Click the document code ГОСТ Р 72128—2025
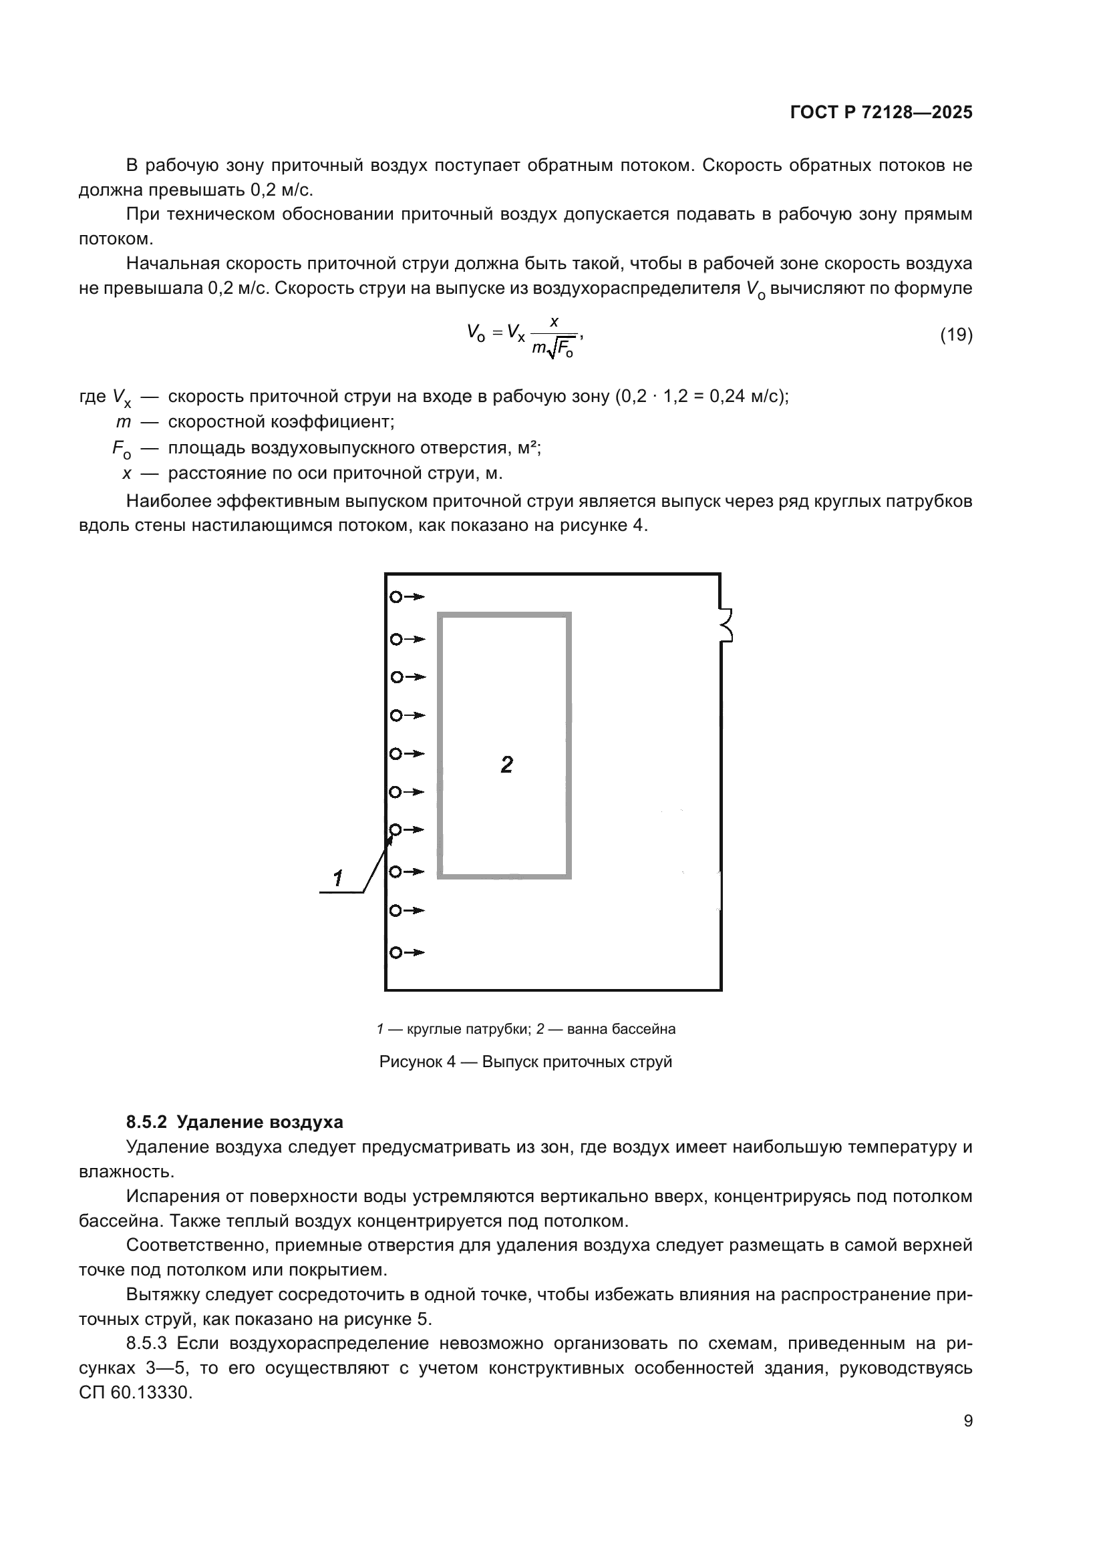coord(881,113)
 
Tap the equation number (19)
coord(956,335)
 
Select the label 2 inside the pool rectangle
coord(506,765)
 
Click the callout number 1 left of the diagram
coord(338,878)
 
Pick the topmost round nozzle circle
coord(396,597)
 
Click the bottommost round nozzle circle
coord(396,952)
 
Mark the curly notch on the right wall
coord(727,625)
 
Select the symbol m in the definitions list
coord(123,422)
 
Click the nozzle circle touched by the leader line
coord(396,829)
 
